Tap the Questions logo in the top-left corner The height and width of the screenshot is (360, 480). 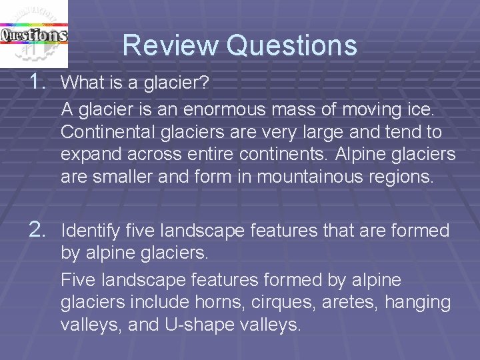[33, 32]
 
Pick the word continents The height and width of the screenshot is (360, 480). [287, 155]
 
